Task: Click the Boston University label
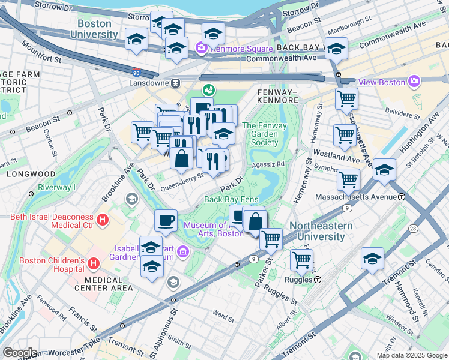click(94, 29)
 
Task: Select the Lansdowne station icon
click(176, 83)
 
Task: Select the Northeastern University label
click(317, 231)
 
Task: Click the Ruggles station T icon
click(318, 280)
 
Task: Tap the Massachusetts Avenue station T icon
click(401, 197)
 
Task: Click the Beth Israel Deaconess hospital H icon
click(103, 220)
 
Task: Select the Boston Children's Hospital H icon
click(94, 263)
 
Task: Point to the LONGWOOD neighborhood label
click(23, 173)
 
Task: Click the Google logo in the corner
click(20, 353)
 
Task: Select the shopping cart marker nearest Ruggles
click(301, 260)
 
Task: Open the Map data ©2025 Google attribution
click(411, 355)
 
